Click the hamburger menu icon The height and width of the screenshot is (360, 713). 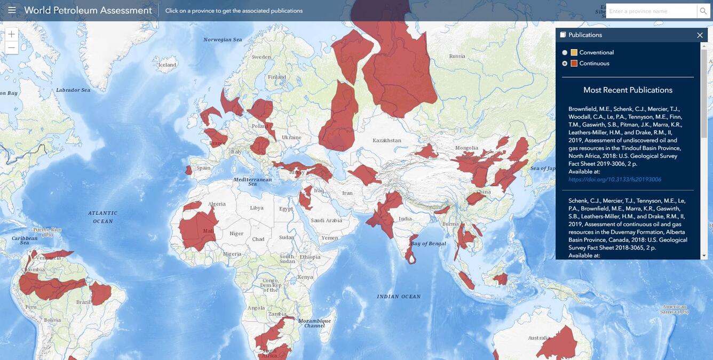(x=12, y=10)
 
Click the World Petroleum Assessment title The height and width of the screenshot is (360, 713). (x=88, y=10)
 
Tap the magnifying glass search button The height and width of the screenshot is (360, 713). (x=703, y=11)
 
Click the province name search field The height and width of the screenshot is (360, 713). (x=651, y=11)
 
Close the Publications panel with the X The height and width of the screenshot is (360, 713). (x=700, y=35)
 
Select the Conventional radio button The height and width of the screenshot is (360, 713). (x=565, y=53)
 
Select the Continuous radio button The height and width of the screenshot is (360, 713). (x=565, y=63)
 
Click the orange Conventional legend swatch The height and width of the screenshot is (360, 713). (x=574, y=52)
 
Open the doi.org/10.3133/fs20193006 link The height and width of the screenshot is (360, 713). (x=615, y=180)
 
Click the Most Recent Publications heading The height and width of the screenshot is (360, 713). (x=628, y=90)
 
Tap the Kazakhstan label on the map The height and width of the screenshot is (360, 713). (x=387, y=141)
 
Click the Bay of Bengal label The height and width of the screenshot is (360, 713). (x=429, y=244)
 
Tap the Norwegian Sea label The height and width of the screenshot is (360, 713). (x=223, y=39)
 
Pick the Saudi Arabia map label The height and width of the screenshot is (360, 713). (x=326, y=220)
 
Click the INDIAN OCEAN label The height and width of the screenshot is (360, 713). (x=399, y=297)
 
